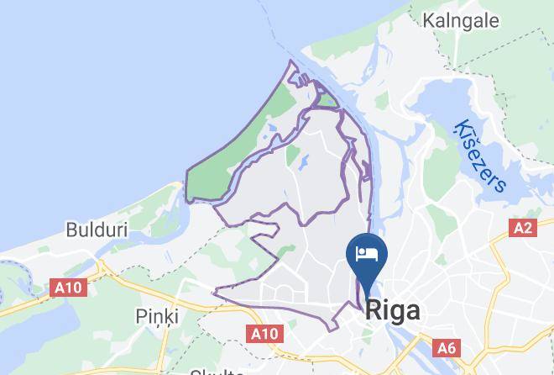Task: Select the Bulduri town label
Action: pyautogui.click(x=95, y=229)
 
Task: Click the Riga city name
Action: pyautogui.click(x=393, y=311)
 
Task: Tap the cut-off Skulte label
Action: pyautogui.click(x=216, y=371)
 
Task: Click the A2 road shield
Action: pyautogui.click(x=524, y=228)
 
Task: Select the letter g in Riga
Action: pyautogui.click(x=398, y=314)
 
